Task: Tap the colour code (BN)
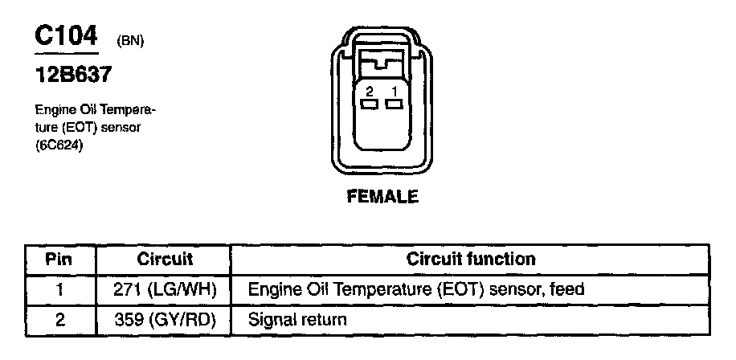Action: [x=130, y=41]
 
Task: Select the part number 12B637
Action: [x=72, y=76]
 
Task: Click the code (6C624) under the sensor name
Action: [x=60, y=145]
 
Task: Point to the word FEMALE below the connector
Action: [x=382, y=196]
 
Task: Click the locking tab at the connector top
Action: [x=382, y=61]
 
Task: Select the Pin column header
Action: [x=59, y=260]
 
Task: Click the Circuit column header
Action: [x=165, y=260]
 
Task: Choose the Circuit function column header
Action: [x=471, y=260]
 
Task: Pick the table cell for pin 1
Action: [x=59, y=289]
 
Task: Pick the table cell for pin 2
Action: [x=59, y=320]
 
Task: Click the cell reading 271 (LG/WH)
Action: [x=165, y=289]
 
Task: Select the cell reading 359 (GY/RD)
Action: [x=165, y=320]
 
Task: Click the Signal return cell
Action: [x=298, y=320]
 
